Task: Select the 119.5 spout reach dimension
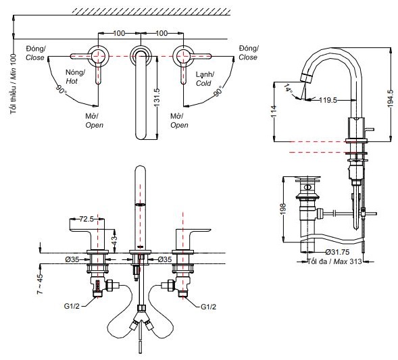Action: point(328,99)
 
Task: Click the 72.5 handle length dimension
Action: point(86,220)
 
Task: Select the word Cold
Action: point(203,83)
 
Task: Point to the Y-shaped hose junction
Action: point(141,313)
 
